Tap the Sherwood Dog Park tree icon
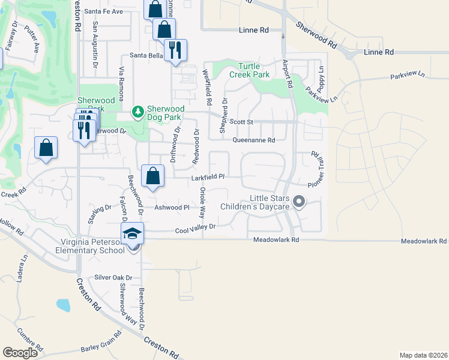tap(138, 112)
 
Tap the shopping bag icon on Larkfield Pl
tap(153, 176)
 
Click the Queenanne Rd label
tap(253, 140)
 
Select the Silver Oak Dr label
tap(113, 277)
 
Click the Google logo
tap(20, 353)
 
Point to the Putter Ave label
tap(32, 37)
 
